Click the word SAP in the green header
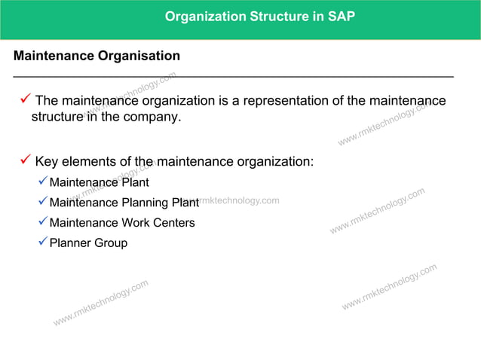pos(341,16)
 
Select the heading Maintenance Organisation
pos(97,56)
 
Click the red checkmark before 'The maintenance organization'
pos(25,99)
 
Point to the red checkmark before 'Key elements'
pos(25,160)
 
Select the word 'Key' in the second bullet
pos(47,162)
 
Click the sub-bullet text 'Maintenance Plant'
pos(99,182)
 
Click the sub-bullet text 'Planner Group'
pos(88,243)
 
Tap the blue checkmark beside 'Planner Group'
pos(43,242)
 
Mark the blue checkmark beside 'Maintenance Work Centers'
pos(43,221)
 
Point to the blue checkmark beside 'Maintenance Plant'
pos(43,181)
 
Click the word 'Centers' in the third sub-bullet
pos(173,223)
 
